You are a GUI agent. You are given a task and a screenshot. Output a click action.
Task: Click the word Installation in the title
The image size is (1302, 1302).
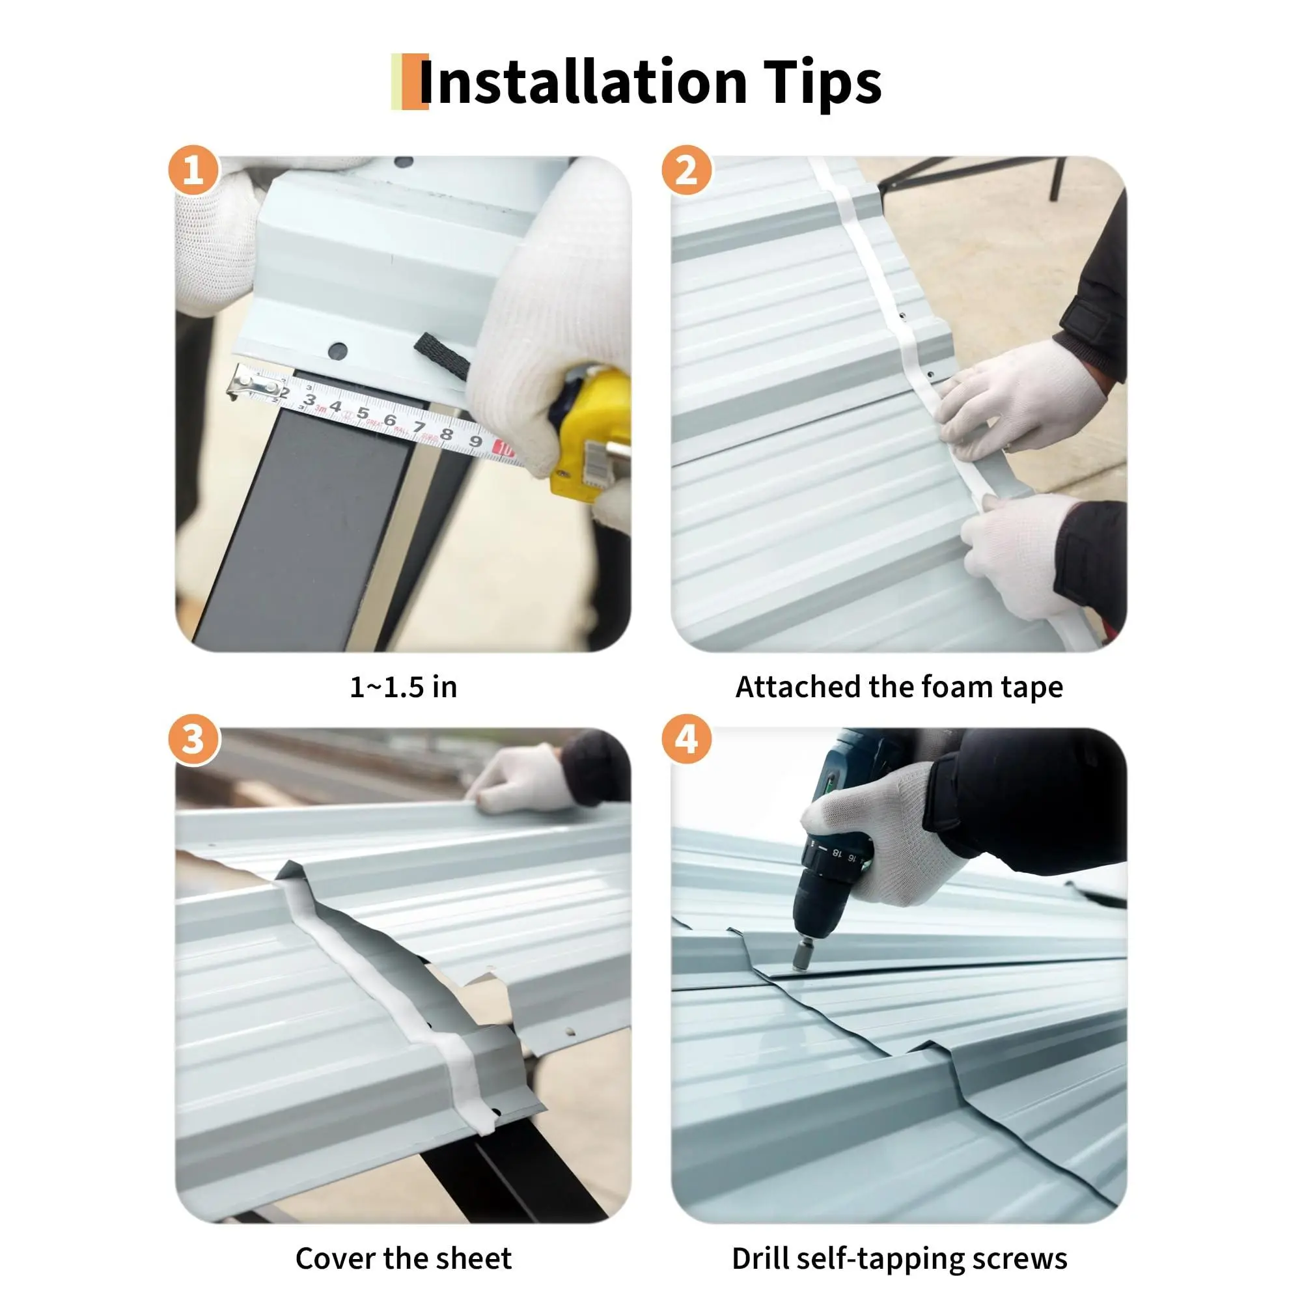583,81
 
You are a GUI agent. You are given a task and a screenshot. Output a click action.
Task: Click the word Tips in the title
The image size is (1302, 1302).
822,82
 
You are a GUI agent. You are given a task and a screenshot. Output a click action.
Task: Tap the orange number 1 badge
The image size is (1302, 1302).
193,170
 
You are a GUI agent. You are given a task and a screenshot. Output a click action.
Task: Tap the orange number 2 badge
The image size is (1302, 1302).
687,170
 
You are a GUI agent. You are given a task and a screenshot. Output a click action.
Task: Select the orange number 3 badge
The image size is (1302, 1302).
193,740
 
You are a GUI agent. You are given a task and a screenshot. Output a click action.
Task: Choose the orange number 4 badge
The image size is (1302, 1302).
687,740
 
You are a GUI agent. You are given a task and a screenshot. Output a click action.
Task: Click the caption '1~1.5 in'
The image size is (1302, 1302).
404,687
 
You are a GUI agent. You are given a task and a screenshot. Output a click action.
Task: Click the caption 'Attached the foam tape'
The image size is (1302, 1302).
899,687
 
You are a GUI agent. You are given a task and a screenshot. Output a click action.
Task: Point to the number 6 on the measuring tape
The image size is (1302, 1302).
389,419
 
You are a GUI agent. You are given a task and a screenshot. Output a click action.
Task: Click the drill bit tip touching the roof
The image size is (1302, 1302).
801,965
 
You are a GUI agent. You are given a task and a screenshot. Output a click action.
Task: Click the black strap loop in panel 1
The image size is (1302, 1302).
442,357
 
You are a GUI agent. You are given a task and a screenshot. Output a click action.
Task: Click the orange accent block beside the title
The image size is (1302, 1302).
415,81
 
